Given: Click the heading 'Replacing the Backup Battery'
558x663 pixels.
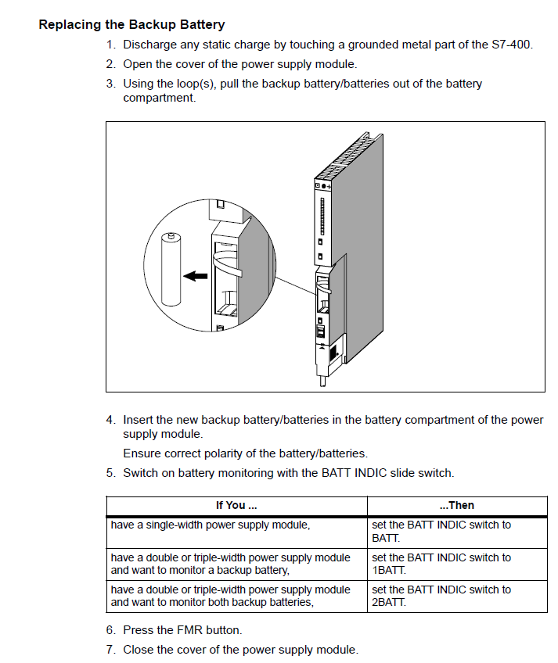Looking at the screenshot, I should click(x=131, y=25).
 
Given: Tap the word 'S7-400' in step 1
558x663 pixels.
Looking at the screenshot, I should click(x=512, y=45).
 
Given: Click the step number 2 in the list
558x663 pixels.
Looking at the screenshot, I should click(x=110, y=64).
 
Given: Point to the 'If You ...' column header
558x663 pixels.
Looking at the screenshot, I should click(x=236, y=505).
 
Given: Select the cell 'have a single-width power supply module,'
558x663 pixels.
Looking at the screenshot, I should click(x=211, y=525).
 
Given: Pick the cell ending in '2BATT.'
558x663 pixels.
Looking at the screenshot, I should click(x=456, y=596).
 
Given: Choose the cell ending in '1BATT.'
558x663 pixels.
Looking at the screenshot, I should click(x=456, y=564).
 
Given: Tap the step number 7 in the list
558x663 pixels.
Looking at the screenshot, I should click(x=110, y=650).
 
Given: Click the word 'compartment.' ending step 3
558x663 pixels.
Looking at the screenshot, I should click(x=159, y=98).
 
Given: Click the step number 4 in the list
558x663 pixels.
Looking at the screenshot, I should click(x=110, y=420).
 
